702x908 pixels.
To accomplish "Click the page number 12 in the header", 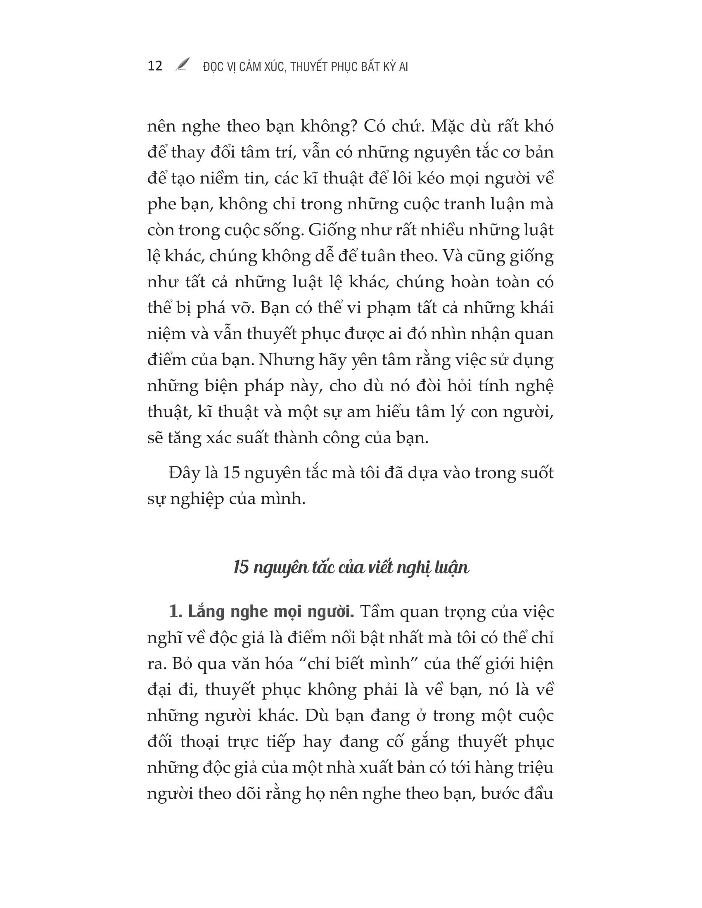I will point(155,66).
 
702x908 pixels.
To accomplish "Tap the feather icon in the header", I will point(183,64).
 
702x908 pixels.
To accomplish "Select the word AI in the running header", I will point(403,67).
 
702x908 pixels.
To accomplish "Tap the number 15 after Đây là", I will point(231,473).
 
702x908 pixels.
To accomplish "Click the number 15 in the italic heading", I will point(241,567).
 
